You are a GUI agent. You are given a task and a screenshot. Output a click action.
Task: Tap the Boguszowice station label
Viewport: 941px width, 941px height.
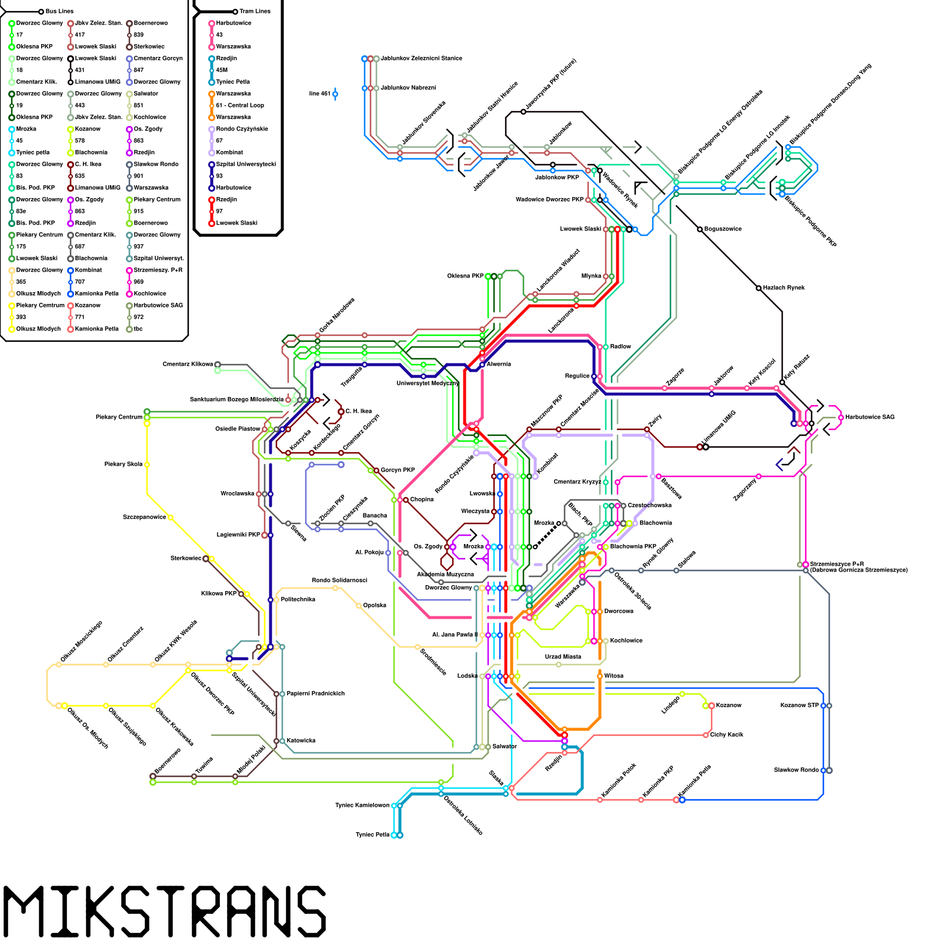pos(723,229)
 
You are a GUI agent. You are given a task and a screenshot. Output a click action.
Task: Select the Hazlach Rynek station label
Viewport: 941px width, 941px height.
pos(783,288)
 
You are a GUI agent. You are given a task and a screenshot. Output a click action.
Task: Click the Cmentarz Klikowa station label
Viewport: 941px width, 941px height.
pos(188,364)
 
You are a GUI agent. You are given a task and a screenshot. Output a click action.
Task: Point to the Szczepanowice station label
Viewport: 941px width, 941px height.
pos(144,517)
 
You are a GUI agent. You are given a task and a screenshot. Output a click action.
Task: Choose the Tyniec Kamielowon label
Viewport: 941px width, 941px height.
pos(362,805)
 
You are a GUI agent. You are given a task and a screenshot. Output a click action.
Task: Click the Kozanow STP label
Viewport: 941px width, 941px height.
pos(799,705)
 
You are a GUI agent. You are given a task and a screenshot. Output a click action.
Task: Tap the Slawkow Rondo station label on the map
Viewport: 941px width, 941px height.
pos(796,770)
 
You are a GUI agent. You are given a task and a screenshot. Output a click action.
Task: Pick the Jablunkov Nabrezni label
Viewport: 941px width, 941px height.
pos(408,88)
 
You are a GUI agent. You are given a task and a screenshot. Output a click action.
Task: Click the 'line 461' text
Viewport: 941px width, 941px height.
pos(320,94)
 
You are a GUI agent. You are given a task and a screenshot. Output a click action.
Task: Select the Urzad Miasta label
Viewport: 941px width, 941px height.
pos(563,657)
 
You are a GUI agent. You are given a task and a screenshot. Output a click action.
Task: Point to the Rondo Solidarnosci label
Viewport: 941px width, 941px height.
pos(339,580)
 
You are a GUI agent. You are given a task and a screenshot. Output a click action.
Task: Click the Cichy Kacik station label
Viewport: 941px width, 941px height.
pos(726,735)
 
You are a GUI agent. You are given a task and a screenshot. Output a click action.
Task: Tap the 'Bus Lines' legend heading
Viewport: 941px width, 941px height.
pos(59,11)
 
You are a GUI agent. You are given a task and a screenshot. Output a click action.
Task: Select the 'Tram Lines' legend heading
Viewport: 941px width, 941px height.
pos(255,11)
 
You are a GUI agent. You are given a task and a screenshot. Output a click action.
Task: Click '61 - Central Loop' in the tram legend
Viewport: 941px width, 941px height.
pos(240,105)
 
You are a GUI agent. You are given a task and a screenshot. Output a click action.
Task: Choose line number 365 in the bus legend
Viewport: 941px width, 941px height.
pos(21,282)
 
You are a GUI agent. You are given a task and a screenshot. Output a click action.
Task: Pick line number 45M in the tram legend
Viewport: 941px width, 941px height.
pos(222,70)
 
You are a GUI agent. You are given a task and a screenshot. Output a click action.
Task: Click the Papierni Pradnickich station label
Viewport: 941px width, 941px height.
pos(315,693)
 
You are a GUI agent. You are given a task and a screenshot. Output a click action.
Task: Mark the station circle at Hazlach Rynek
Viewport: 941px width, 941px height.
pos(759,288)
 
